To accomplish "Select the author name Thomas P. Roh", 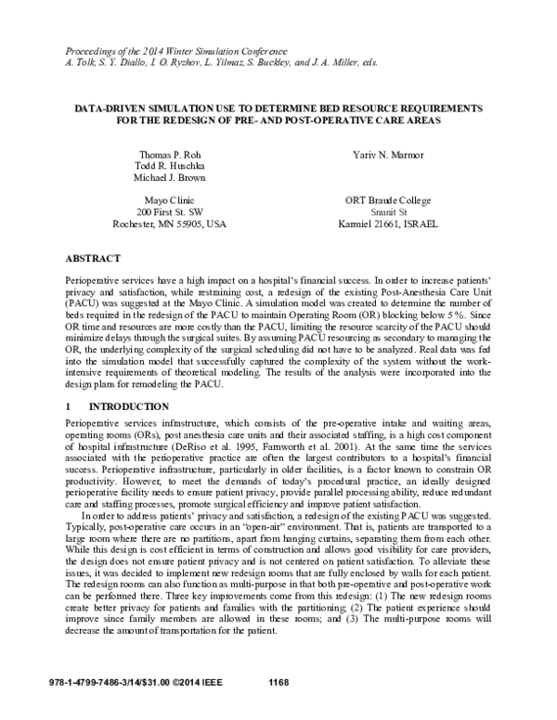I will pos(168,153).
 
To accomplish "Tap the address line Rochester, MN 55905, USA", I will pos(168,225).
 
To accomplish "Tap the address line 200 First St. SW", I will pos(168,212).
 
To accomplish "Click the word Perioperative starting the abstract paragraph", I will pos(96,278).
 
